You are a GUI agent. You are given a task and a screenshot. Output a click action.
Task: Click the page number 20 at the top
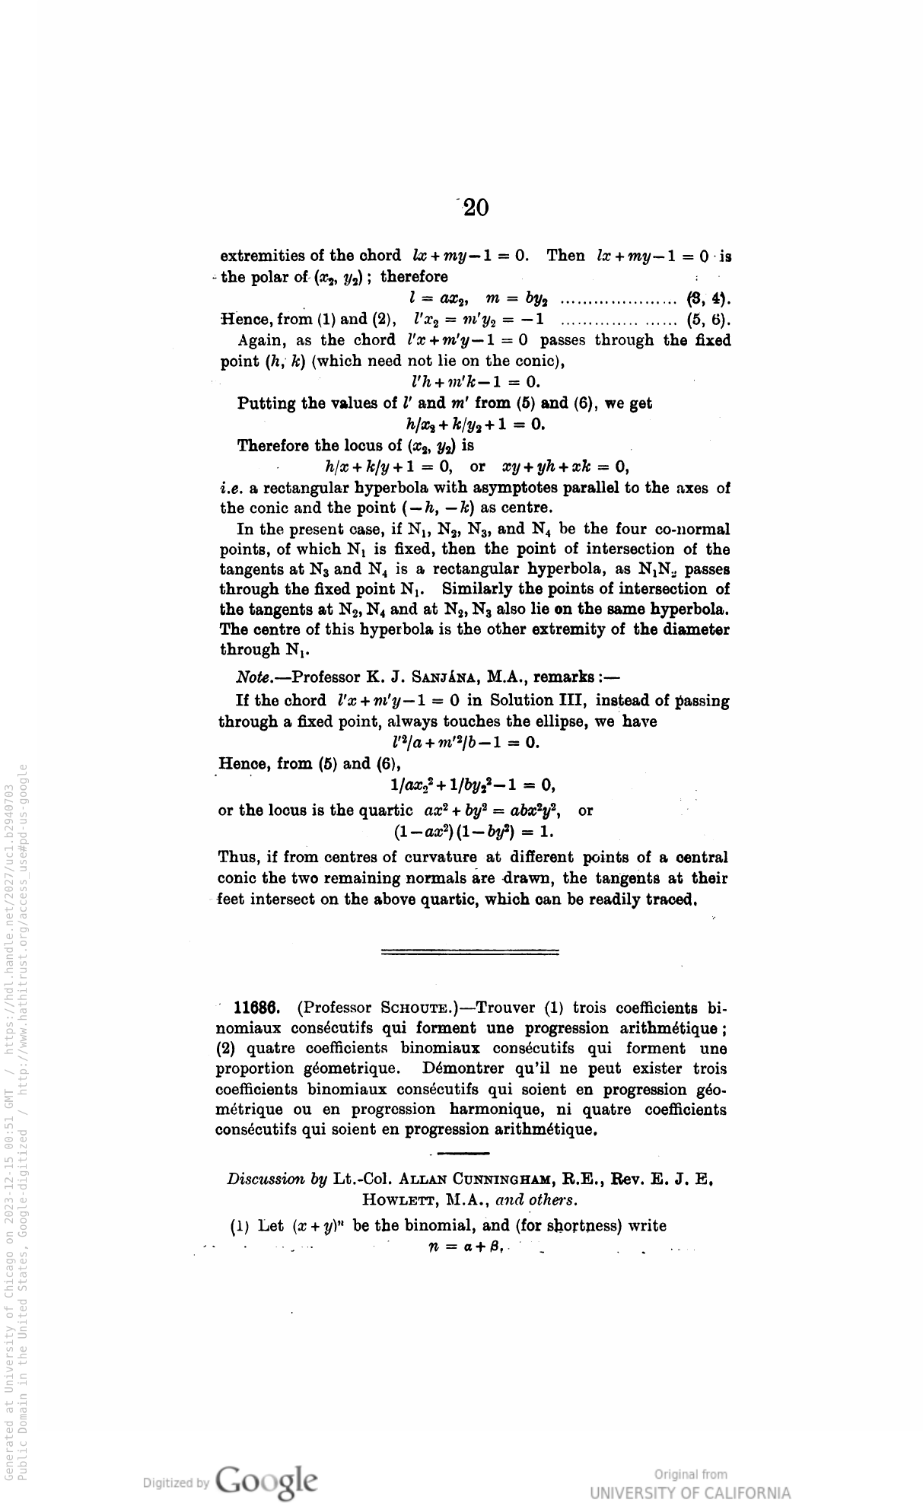click(475, 207)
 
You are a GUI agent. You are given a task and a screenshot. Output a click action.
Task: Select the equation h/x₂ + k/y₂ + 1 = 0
click(476, 425)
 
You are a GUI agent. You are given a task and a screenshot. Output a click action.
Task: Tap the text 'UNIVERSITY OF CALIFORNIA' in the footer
click(690, 1492)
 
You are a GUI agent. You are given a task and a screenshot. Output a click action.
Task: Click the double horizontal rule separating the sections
click(469, 951)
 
